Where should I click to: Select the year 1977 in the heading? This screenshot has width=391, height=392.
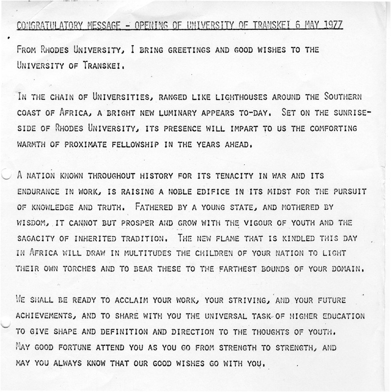click(332, 24)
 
